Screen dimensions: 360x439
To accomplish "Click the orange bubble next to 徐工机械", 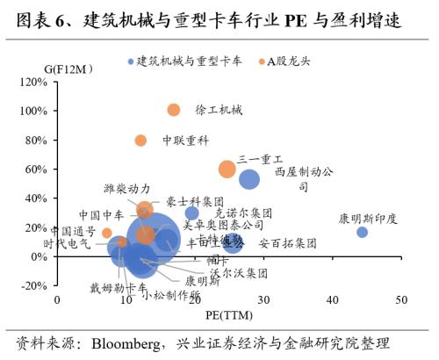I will point(174,110).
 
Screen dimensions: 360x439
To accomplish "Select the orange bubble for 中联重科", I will point(140,140).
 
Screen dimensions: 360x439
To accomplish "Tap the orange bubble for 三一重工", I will point(227,169).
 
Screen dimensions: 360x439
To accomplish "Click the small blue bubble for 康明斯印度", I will point(362,232).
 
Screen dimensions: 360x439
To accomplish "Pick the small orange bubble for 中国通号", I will point(107,233).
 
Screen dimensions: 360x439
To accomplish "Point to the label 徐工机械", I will point(219,111).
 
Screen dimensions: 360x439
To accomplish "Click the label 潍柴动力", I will point(126,189).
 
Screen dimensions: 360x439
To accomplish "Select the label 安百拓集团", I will point(288,243).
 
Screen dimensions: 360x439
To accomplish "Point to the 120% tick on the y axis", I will point(32,82).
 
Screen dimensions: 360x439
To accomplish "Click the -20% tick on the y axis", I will point(32,285).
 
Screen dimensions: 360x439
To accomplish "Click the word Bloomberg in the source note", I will point(131,342).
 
